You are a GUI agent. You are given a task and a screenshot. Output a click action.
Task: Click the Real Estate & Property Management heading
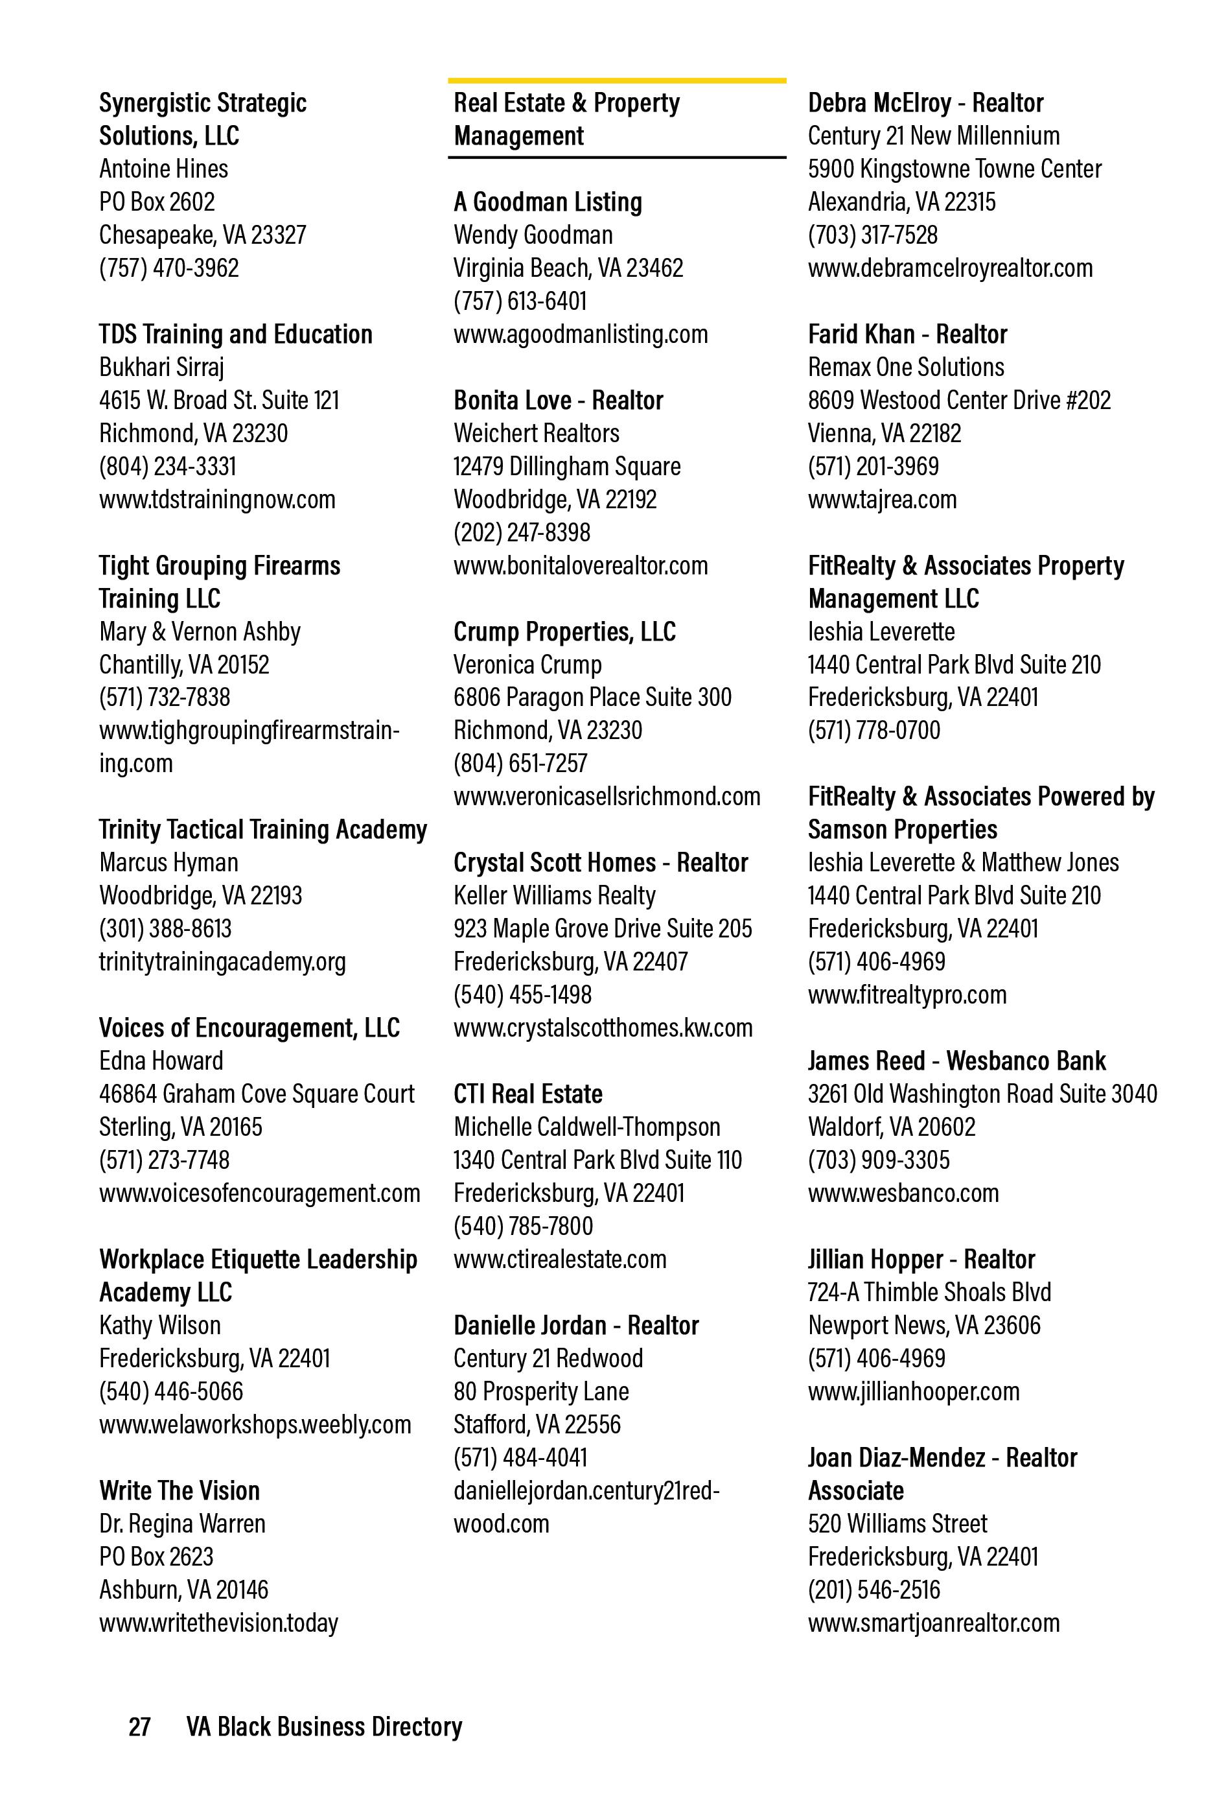pos(566,119)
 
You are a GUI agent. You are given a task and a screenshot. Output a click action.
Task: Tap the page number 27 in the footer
pos(139,1726)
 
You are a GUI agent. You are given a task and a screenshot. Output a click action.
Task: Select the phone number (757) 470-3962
pos(168,268)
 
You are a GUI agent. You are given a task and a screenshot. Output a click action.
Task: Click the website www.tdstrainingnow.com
pos(216,499)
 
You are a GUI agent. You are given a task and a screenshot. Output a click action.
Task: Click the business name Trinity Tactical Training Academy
pos(262,830)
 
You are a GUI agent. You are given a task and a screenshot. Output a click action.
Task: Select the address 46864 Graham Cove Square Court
pos(256,1094)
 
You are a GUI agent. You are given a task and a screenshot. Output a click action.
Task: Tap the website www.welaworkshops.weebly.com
pos(255,1424)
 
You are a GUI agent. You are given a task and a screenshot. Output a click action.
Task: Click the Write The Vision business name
pos(179,1491)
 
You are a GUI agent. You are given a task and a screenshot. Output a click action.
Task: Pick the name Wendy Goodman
pos(533,235)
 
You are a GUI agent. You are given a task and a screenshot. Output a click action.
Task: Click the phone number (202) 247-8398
pos(522,533)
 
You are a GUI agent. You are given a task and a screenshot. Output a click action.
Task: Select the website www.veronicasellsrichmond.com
pos(607,797)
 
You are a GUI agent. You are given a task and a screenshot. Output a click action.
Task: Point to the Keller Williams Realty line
pos(554,896)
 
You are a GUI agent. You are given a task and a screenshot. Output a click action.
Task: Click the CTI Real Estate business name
pos(527,1094)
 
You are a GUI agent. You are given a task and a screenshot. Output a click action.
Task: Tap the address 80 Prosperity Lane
pos(541,1392)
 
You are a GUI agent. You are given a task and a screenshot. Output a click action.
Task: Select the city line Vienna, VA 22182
pos(885,434)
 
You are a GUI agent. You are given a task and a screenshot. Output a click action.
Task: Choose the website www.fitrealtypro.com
pos(907,994)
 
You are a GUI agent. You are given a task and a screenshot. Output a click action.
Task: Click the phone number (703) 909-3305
pos(878,1160)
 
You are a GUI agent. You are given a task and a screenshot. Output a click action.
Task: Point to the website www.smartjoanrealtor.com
pos(933,1623)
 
